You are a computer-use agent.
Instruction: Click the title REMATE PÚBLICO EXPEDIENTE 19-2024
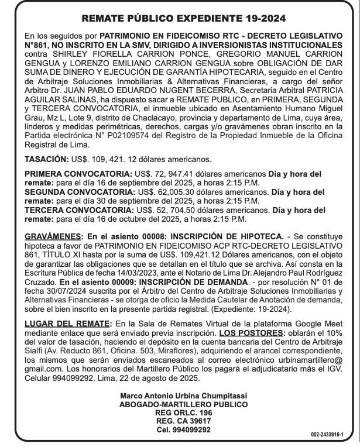[x=180, y=19]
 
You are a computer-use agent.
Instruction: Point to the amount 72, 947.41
[x=172, y=174]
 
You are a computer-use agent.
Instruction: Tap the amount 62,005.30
[x=171, y=192]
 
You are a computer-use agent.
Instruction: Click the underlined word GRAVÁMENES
[x=52, y=236]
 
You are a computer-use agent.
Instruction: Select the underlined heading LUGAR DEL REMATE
[x=68, y=324]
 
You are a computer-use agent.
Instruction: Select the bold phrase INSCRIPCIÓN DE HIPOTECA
[x=235, y=236]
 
